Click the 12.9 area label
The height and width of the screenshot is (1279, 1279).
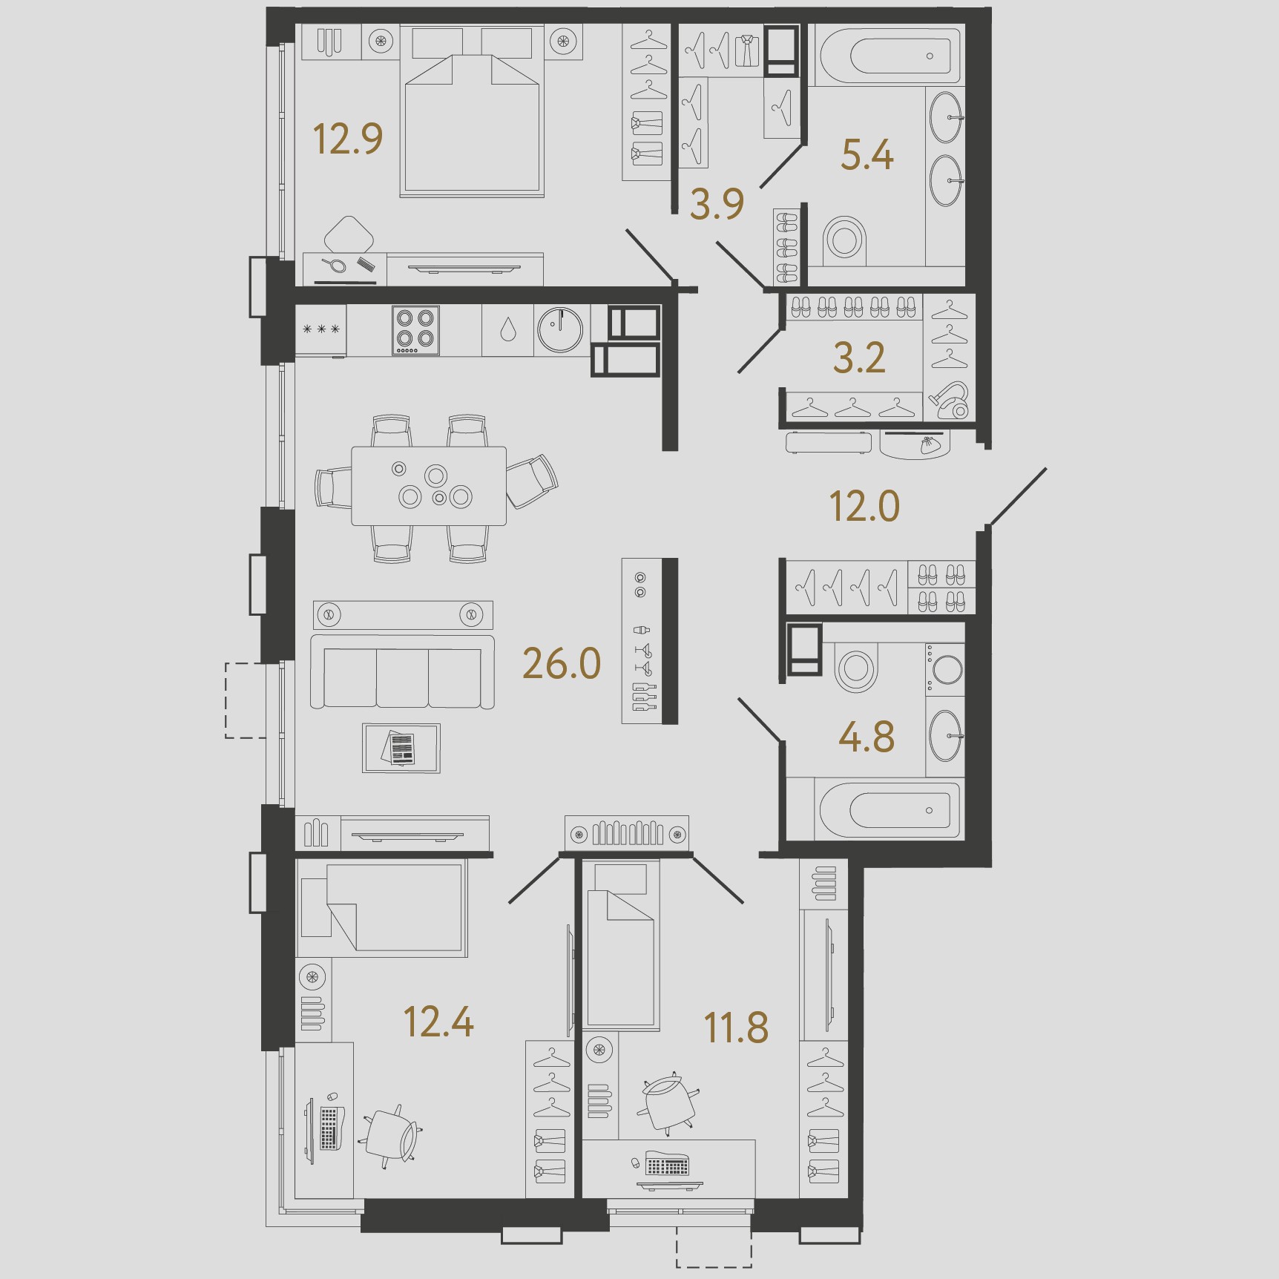348,139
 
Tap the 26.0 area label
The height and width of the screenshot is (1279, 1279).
562,663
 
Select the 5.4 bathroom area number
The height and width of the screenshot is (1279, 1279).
867,155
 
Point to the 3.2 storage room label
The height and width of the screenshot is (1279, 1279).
859,358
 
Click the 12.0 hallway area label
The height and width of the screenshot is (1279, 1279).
864,507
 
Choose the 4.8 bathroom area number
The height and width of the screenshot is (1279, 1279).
867,737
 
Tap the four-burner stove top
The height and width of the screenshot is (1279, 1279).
415,330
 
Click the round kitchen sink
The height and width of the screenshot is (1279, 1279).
560,330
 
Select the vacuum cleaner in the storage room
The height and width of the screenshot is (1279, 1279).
950,400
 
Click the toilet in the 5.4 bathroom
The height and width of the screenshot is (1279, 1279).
844,239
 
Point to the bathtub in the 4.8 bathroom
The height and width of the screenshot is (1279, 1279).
888,809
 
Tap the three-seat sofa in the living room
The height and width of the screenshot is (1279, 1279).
402,672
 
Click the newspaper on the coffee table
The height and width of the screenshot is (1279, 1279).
401,748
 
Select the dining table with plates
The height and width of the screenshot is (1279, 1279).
429,486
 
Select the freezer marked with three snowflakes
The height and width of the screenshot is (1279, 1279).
321,330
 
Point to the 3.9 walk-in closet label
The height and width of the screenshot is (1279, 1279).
717,204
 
